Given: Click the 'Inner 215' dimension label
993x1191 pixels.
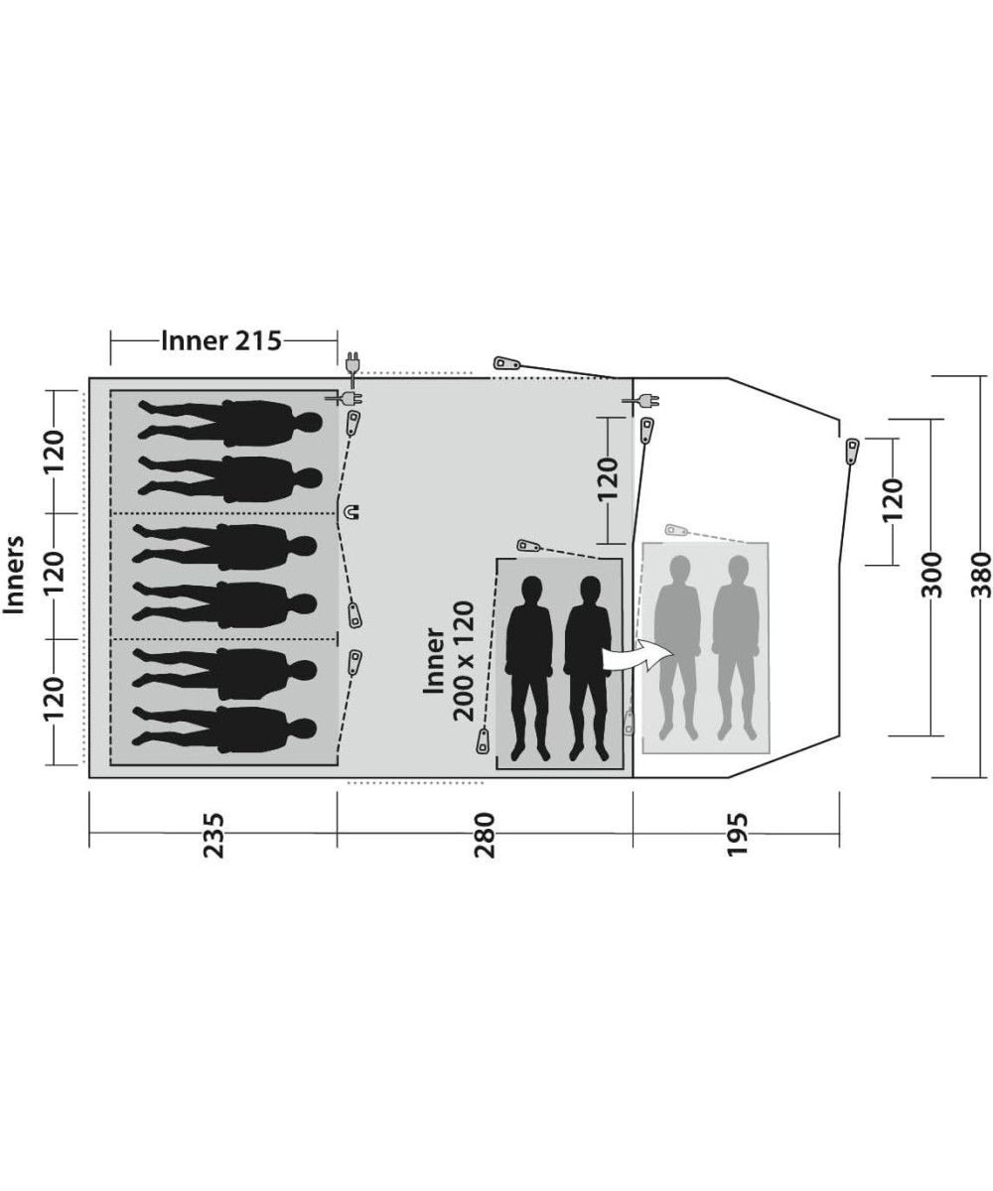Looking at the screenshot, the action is coord(221,340).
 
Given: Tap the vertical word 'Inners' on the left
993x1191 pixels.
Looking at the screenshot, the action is coord(14,575).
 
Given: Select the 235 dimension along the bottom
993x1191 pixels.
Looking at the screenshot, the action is coord(214,835).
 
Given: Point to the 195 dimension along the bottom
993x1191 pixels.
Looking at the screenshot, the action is coord(736,835).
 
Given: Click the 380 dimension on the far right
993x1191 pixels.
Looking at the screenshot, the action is coord(982,575).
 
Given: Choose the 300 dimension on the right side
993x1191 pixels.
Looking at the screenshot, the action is coord(931,575).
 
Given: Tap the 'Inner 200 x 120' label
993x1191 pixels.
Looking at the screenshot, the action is coord(449,661).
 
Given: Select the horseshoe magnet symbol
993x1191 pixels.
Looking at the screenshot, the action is coord(351,512).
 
